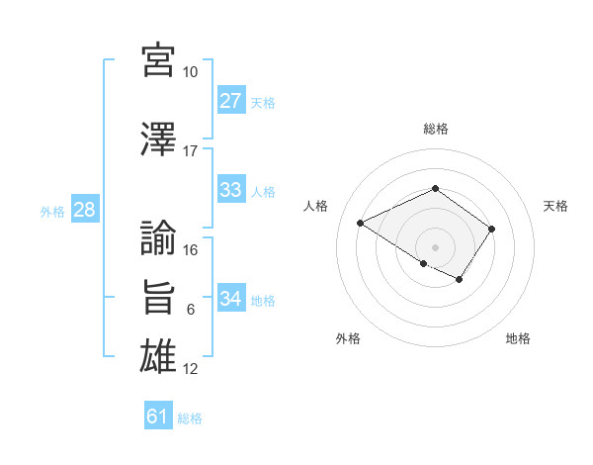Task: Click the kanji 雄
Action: [x=159, y=356]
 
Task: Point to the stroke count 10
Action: [x=191, y=72]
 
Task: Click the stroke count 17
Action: [x=191, y=151]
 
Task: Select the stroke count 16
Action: [x=191, y=250]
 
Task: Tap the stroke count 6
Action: [x=191, y=310]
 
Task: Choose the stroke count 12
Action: [x=191, y=369]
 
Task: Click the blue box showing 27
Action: [x=231, y=101]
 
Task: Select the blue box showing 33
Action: [x=231, y=190]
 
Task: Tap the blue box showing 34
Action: [x=231, y=299]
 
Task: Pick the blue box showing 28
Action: [x=84, y=210]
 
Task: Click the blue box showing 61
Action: [x=158, y=417]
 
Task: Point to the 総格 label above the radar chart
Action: [x=435, y=129]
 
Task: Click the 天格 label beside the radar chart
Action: [x=555, y=206]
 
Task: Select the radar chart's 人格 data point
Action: [x=361, y=224]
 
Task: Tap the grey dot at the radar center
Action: [x=435, y=246]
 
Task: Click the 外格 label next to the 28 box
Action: [x=52, y=211]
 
